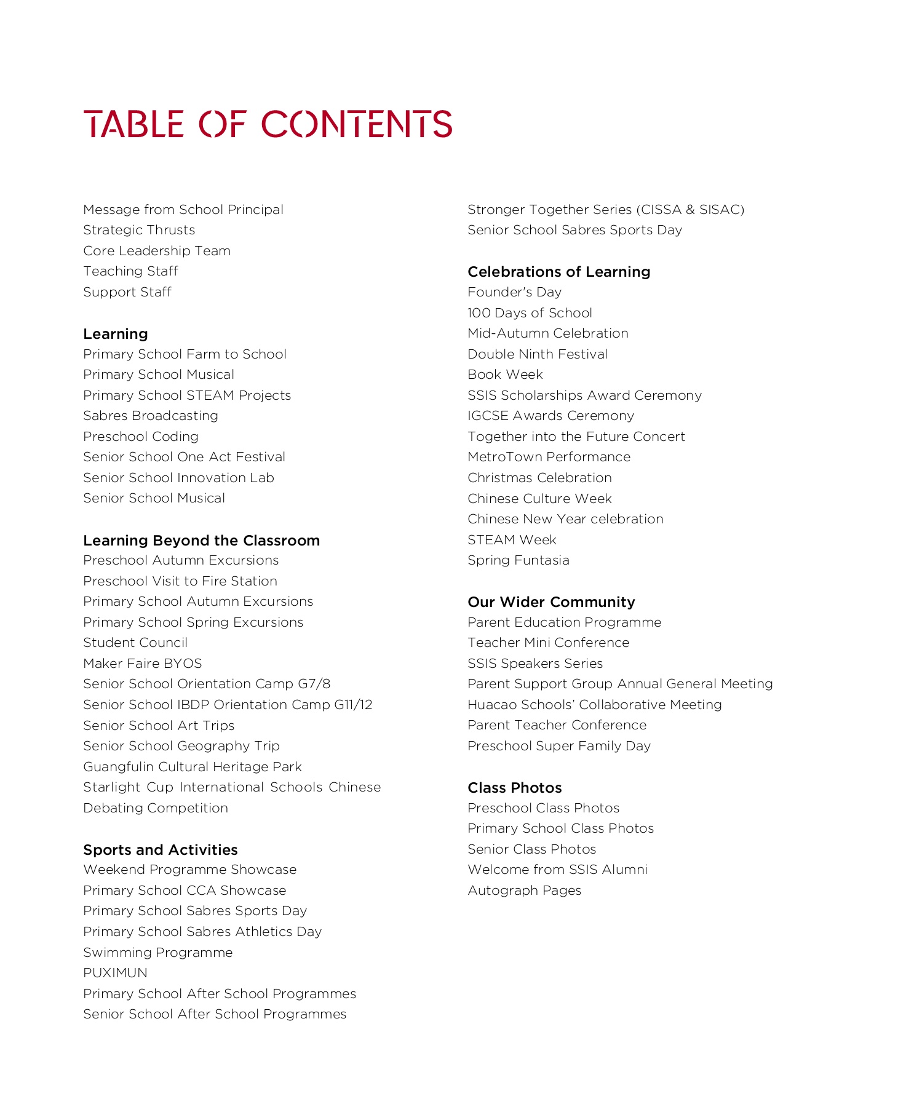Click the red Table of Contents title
[x=268, y=124]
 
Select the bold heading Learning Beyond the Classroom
[x=202, y=541]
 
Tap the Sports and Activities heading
[x=161, y=850]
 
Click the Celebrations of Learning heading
[x=558, y=272]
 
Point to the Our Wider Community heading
[x=551, y=602]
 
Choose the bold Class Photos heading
[x=514, y=788]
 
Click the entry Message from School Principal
[x=183, y=210]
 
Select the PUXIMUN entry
[x=115, y=973]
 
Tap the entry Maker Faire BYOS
[x=143, y=664]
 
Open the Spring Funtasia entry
[x=518, y=560]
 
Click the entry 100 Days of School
[x=530, y=313]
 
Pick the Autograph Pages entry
[x=524, y=891]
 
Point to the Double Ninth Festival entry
[x=537, y=354]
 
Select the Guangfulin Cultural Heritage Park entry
[x=193, y=767]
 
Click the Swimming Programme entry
[x=158, y=953]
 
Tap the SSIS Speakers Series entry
[x=534, y=664]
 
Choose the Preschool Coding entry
[x=141, y=437]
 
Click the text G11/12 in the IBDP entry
[x=353, y=705]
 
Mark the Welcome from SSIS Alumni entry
[x=557, y=870]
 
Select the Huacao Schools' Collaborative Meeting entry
[x=594, y=705]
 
